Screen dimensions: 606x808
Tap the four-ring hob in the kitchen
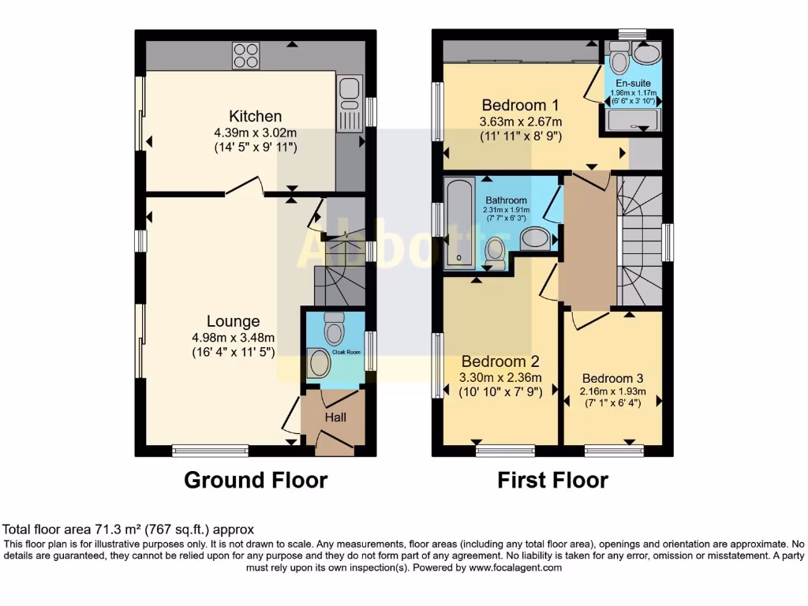click(245, 54)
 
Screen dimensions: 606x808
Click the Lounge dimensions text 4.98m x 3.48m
click(233, 338)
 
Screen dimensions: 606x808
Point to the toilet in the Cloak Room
click(335, 324)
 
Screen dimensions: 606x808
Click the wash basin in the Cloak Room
click(320, 363)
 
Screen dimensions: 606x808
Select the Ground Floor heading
click(256, 480)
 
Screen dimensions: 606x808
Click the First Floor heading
click(552, 480)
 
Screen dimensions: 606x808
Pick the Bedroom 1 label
click(521, 105)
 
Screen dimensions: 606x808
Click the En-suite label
click(632, 82)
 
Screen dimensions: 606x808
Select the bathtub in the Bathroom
click(458, 223)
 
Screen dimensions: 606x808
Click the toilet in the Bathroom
click(496, 252)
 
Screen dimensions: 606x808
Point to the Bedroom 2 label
click(500, 361)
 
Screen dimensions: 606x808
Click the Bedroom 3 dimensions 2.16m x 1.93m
click(612, 391)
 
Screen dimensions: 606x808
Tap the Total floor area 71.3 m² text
click(129, 529)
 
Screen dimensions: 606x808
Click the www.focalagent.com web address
click(515, 567)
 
